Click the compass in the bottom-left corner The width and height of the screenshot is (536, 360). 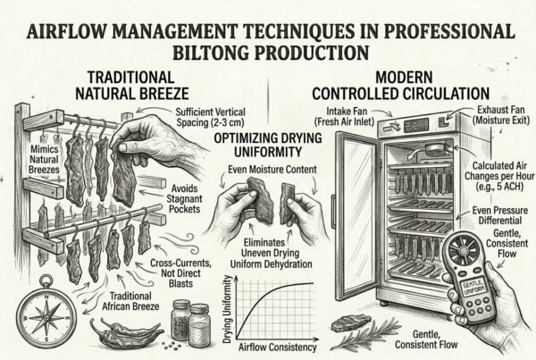(x=46, y=312)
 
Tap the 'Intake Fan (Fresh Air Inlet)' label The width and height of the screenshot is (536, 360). (x=345, y=116)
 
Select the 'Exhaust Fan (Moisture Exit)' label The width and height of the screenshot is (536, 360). (x=500, y=115)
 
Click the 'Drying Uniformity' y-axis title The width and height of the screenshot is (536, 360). (x=227, y=309)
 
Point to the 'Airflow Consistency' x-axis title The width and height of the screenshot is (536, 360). (x=277, y=347)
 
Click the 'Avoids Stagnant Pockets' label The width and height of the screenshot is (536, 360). (x=185, y=198)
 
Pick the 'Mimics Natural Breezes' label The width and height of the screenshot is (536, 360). (x=44, y=159)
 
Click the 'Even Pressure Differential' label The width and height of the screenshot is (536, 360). (x=499, y=215)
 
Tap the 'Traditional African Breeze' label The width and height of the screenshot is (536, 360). (x=130, y=301)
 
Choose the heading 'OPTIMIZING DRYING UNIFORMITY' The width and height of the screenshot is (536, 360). (x=268, y=145)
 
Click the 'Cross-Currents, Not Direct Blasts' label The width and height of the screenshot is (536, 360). (x=180, y=273)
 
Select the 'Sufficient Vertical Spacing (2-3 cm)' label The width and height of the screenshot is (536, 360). (x=210, y=117)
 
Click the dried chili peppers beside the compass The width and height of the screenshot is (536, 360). (x=127, y=332)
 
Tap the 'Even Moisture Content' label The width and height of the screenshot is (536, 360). (x=272, y=169)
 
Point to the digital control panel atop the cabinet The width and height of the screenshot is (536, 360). (x=416, y=125)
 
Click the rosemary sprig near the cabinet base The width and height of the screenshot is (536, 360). (x=367, y=333)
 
